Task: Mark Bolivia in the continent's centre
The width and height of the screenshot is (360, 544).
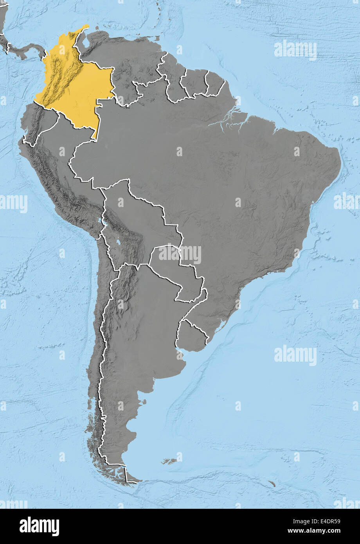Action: point(137,223)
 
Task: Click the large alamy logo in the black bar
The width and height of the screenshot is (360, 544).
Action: point(39,526)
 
